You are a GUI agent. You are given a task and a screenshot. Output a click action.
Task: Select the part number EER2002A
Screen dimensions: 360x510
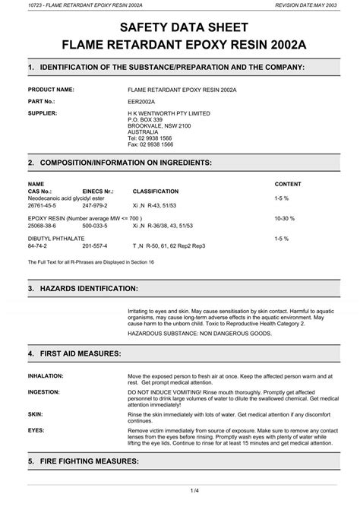(x=142, y=100)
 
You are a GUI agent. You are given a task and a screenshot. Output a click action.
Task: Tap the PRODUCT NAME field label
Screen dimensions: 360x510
(x=51, y=89)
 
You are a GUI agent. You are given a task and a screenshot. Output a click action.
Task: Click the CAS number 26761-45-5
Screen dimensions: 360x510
(x=43, y=205)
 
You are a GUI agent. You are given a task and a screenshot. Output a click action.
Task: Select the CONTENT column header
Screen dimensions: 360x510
(x=287, y=185)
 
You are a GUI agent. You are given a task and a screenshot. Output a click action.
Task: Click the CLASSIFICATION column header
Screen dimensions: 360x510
(x=155, y=192)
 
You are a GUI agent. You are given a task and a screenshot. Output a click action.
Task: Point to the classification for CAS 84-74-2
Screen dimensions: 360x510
(x=169, y=246)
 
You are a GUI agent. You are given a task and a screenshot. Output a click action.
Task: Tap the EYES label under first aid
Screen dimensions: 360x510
(x=35, y=429)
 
